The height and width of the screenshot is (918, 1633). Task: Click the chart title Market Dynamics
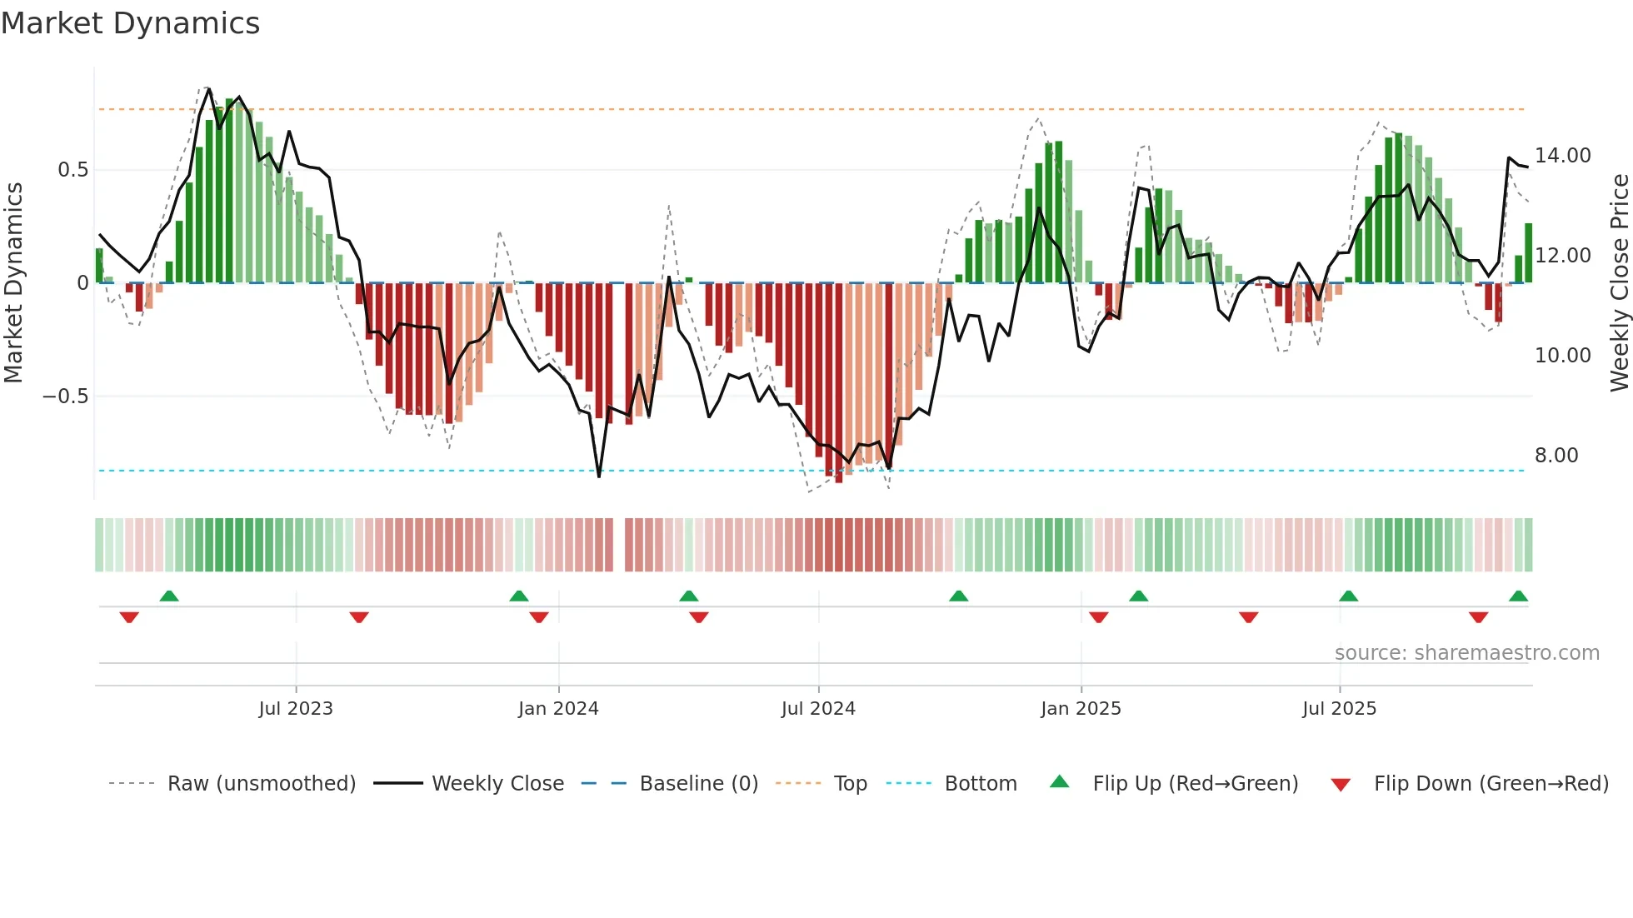coord(131,23)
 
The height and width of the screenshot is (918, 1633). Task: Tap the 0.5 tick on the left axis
coord(72,170)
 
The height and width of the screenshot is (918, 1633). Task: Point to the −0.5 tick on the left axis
coord(66,397)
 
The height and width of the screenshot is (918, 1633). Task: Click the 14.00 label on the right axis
coord(1562,156)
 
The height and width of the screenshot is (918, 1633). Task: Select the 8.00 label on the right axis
coord(1556,456)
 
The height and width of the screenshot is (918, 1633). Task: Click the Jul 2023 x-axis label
coord(296,709)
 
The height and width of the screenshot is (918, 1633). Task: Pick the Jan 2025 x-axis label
coord(1081,709)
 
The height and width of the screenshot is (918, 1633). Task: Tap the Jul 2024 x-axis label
coord(818,709)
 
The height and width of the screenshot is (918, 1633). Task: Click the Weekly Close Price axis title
coord(1619,283)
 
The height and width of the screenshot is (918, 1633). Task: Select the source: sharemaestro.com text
coord(1466,653)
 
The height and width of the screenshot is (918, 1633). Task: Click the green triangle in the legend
coord(1059,782)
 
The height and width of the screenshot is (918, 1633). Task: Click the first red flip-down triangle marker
coord(129,617)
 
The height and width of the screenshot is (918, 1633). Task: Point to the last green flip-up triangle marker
coord(1518,596)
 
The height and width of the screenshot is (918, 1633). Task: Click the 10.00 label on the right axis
coord(1562,356)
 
